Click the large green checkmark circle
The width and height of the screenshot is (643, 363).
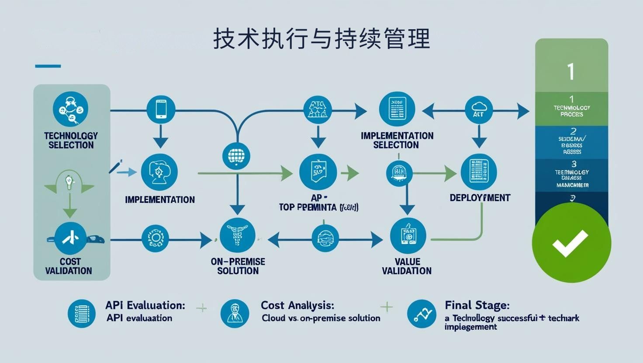click(571, 243)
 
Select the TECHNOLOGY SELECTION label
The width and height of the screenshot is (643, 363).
click(71, 140)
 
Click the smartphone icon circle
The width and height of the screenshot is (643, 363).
click(161, 109)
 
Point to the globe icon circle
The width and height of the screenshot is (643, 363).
click(236, 155)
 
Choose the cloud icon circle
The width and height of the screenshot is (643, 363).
click(479, 109)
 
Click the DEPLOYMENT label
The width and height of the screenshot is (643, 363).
click(480, 198)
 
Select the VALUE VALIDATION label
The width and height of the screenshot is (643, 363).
click(407, 266)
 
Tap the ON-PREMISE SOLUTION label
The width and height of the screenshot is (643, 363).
click(238, 266)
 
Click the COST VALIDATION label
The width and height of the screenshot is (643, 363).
click(69, 266)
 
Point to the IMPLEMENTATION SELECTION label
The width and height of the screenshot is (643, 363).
click(397, 140)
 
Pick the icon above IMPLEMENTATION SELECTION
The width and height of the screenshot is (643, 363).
click(397, 108)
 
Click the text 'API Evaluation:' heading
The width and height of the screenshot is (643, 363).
click(145, 305)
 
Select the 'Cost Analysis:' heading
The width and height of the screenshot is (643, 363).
click(297, 305)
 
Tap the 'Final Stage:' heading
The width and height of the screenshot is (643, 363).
click(477, 305)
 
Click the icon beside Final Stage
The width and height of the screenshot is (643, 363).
click(421, 314)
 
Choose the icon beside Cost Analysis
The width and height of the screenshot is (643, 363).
click(235, 314)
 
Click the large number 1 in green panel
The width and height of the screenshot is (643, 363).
click(570, 72)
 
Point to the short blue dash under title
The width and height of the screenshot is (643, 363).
click(48, 66)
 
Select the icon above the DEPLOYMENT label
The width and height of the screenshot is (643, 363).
click(479, 171)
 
